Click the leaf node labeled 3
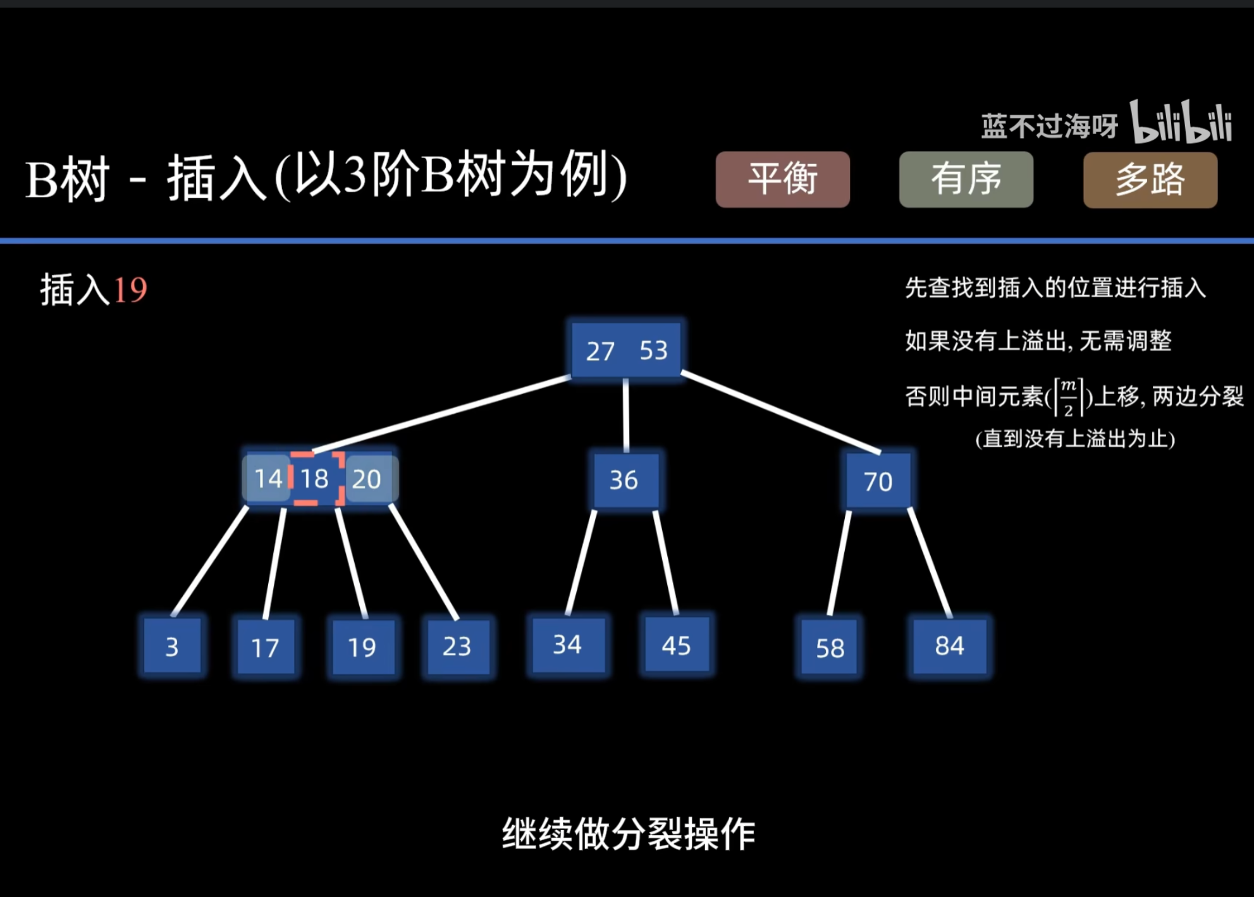click(x=172, y=646)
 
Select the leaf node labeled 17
click(x=265, y=647)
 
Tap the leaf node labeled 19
click(x=362, y=647)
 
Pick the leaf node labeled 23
click(x=457, y=646)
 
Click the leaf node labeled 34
click(x=567, y=645)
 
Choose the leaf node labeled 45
click(x=676, y=645)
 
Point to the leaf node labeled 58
click(x=830, y=648)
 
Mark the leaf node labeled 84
click(x=949, y=646)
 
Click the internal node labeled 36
click(x=624, y=480)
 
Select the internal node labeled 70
click(x=878, y=481)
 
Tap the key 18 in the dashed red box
click(x=315, y=479)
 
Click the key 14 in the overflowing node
click(x=267, y=479)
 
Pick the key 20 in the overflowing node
click(x=367, y=479)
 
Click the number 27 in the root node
click(x=600, y=351)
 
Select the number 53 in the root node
click(x=654, y=350)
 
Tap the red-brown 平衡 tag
click(x=782, y=179)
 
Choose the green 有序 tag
click(x=966, y=179)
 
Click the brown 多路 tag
click(x=1150, y=180)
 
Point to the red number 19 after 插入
click(x=130, y=290)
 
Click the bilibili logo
click(x=1180, y=122)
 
